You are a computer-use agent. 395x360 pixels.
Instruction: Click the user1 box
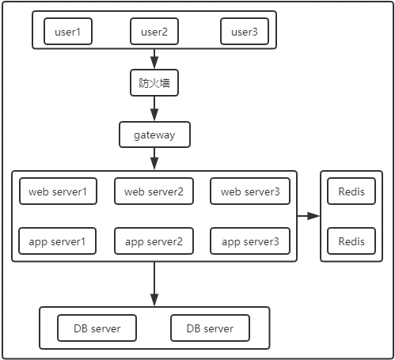[68, 32]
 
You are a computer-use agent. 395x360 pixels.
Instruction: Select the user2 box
[154, 32]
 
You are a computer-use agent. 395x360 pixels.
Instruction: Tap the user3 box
[245, 32]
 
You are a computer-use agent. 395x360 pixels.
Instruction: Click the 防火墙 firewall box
[154, 83]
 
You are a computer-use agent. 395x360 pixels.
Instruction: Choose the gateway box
[154, 135]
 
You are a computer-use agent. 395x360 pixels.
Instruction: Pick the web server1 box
[58, 191]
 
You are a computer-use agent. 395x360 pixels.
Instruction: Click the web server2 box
[154, 191]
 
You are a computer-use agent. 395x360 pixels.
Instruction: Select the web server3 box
[250, 191]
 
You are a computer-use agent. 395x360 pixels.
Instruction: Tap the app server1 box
[57, 241]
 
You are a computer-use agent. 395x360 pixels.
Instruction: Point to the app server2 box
[154, 241]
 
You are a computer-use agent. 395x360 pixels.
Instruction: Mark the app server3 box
[250, 241]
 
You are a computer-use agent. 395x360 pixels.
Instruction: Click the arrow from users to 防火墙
[154, 59]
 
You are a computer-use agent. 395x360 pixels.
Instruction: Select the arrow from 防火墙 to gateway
[154, 108]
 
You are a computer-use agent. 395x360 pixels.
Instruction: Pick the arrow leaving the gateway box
[154, 159]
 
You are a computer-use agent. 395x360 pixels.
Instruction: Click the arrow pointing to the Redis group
[309, 216]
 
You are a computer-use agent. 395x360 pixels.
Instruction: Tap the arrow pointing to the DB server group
[154, 284]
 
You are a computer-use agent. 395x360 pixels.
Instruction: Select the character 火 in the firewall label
[154, 83]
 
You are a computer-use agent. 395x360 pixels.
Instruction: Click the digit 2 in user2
[164, 32]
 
